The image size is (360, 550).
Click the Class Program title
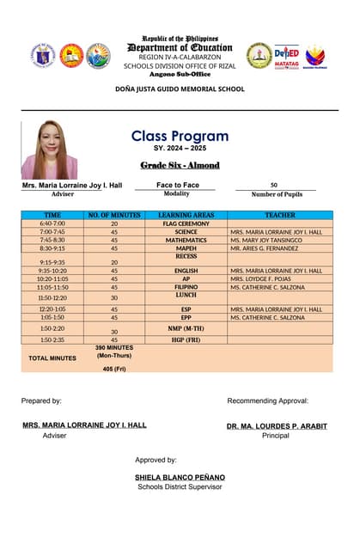pos(180,136)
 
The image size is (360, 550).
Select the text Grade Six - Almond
pos(180,165)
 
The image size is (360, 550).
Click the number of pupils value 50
pos(273,185)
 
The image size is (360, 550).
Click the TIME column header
pos(52,215)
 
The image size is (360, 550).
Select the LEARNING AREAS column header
pos(186,215)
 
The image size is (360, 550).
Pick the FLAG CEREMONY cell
pos(186,223)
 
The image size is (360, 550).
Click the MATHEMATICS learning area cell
pos(186,240)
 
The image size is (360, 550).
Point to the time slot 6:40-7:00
pos(52,223)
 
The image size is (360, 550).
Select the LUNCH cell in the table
pos(186,295)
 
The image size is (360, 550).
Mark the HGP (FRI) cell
pos(186,339)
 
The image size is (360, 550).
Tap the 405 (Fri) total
pos(114,369)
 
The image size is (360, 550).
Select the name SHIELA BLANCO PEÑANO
pos(180,476)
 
